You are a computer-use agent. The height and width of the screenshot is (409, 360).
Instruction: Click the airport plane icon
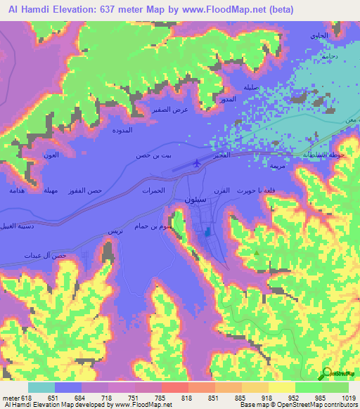pyautogui.click(x=198, y=163)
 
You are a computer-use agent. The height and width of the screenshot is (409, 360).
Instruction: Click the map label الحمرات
pyautogui.click(x=153, y=190)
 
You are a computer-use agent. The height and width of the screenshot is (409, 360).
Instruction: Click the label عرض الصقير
pyautogui.click(x=171, y=110)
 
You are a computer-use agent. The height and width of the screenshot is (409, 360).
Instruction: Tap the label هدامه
pyautogui.click(x=17, y=190)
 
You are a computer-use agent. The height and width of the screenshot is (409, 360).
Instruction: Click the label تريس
pyautogui.click(x=115, y=231)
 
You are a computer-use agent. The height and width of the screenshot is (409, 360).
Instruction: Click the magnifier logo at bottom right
pyautogui.click(x=328, y=375)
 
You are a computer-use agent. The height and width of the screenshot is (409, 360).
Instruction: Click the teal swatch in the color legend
pyautogui.click(x=41, y=387)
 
